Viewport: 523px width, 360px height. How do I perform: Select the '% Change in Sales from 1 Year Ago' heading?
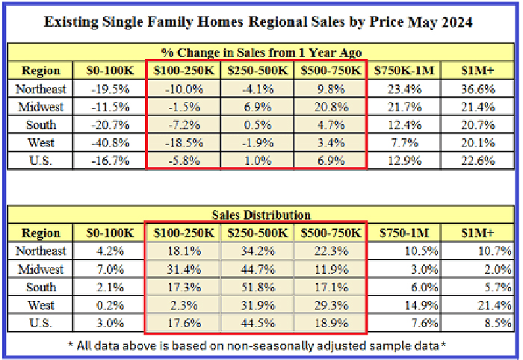261,52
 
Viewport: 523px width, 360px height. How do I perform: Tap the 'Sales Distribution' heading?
261,214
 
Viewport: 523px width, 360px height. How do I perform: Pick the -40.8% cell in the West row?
108,143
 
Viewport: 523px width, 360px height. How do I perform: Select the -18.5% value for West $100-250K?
184,143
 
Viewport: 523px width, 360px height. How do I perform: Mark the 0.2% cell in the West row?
109,305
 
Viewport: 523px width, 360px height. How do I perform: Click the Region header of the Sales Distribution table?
42,233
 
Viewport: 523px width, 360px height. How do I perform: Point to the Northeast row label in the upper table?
42,89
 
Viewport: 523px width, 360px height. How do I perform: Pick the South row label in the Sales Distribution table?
42,287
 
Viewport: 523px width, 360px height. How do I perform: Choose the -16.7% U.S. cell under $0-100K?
108,161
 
